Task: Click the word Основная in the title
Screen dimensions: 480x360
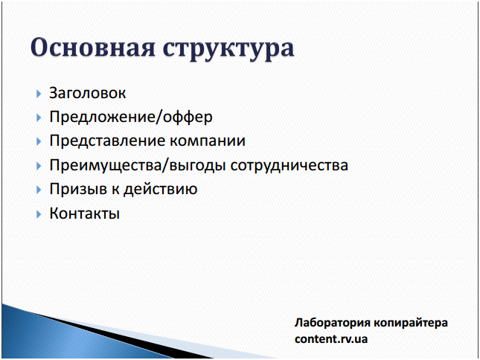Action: click(x=93, y=48)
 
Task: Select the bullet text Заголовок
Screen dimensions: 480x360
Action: click(x=88, y=93)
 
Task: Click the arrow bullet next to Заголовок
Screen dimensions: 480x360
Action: click(x=39, y=94)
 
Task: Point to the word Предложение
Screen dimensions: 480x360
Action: click(x=102, y=117)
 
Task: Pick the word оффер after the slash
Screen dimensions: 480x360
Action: click(x=188, y=117)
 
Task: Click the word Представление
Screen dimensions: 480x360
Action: click(x=107, y=141)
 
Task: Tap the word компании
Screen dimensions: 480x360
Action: click(x=208, y=141)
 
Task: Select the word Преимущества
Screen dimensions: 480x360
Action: click(x=106, y=165)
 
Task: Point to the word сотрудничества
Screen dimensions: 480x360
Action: click(x=289, y=166)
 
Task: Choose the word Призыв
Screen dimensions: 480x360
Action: click(x=77, y=189)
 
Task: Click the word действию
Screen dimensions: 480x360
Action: click(x=160, y=189)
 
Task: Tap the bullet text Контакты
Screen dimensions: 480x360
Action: click(x=85, y=213)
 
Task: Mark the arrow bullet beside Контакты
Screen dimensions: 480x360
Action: click(x=39, y=214)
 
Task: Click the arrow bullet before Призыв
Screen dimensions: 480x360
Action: click(x=39, y=190)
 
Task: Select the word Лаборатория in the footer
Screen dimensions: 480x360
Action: click(x=333, y=323)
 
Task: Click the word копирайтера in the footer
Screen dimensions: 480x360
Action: click(x=411, y=323)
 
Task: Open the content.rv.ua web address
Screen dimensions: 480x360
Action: click(x=331, y=339)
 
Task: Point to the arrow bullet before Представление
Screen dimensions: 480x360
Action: click(x=39, y=141)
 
